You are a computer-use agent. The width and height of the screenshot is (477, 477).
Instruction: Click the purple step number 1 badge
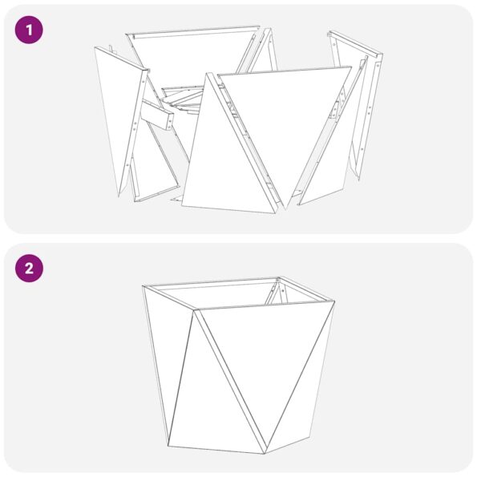pyautogui.click(x=29, y=31)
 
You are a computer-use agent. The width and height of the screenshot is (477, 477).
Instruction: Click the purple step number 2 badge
pyautogui.click(x=29, y=269)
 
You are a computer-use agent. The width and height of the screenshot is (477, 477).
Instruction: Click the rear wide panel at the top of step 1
pyautogui.click(x=192, y=56)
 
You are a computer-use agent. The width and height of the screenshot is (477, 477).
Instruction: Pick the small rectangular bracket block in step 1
pyautogui.click(x=159, y=117)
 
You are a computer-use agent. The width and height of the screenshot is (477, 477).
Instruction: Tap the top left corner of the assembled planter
pyautogui.click(x=144, y=286)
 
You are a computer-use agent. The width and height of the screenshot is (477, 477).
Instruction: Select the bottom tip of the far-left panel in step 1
pyautogui.click(x=120, y=195)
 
